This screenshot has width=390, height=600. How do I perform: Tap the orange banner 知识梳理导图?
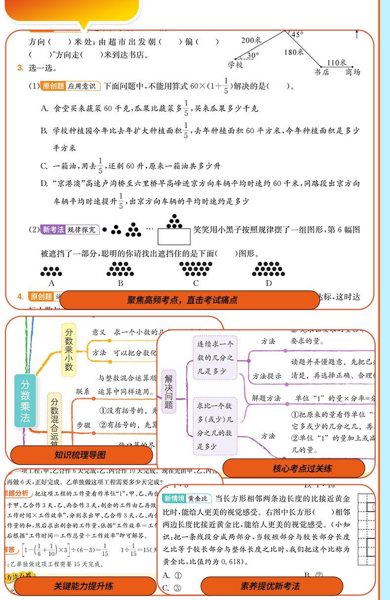pyautogui.click(x=80, y=455)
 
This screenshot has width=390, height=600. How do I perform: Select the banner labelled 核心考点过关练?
pyautogui.click(x=295, y=468)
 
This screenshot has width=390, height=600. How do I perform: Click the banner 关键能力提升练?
pyautogui.click(x=83, y=586)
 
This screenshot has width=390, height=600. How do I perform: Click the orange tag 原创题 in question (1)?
pyautogui.click(x=53, y=86)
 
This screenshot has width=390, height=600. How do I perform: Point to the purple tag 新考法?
pyautogui.click(x=54, y=230)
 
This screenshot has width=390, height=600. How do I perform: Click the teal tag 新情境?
pyautogui.click(x=174, y=499)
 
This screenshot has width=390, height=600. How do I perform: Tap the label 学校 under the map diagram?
pyautogui.click(x=235, y=65)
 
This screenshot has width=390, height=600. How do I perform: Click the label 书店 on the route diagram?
pyautogui.click(x=321, y=72)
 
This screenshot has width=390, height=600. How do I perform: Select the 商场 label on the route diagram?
pyautogui.click(x=352, y=72)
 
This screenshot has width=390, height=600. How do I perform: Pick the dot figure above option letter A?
pyautogui.click(x=51, y=271)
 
